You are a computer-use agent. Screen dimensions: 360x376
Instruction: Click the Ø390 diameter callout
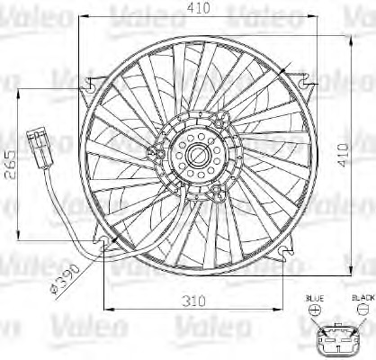(x=67, y=280)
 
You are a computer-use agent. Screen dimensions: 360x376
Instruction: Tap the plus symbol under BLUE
(x=314, y=308)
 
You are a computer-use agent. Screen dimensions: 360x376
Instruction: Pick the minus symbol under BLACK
(x=362, y=308)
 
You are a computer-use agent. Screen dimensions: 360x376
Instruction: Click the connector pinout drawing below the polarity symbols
(x=339, y=337)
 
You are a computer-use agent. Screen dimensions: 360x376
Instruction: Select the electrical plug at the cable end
(x=40, y=144)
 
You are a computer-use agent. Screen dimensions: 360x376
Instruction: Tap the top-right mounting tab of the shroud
(x=310, y=84)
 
